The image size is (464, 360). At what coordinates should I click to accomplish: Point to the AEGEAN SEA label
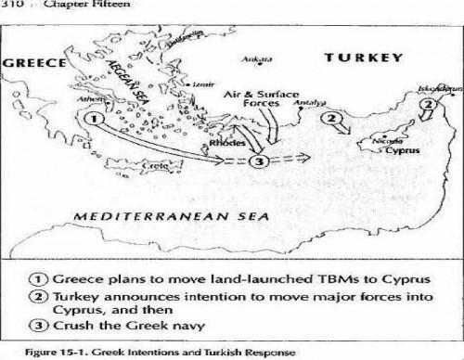click(x=135, y=82)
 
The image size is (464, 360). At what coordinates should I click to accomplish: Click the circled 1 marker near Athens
click(x=91, y=119)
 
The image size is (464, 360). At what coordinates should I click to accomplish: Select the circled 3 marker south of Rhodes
click(x=261, y=162)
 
